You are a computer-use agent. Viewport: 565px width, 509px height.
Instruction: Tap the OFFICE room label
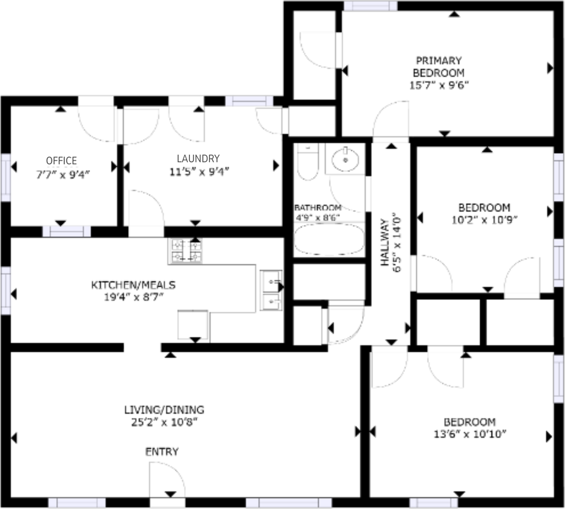click(x=61, y=161)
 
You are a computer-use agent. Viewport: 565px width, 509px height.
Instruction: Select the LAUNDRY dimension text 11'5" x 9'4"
click(x=198, y=171)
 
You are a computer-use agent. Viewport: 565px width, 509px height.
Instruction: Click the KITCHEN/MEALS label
click(x=133, y=285)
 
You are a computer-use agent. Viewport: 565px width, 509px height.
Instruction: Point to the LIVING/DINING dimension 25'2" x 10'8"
click(x=164, y=422)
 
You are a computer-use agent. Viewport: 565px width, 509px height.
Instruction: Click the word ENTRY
click(x=162, y=452)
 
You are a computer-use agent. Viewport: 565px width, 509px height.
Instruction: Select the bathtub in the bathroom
click(x=329, y=240)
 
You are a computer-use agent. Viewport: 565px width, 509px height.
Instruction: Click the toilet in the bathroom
click(x=307, y=162)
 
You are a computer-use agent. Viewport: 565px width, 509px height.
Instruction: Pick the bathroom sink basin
click(x=346, y=159)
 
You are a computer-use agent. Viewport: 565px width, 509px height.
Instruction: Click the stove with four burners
click(x=185, y=251)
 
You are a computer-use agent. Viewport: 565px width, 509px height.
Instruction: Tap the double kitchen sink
click(x=271, y=291)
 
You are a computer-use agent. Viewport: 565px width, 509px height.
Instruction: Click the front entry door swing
click(x=167, y=480)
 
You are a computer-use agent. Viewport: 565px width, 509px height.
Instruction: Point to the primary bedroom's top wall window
click(x=370, y=6)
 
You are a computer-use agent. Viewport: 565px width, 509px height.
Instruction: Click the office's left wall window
click(x=5, y=178)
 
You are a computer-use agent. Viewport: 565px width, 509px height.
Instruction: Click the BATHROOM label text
click(x=318, y=208)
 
